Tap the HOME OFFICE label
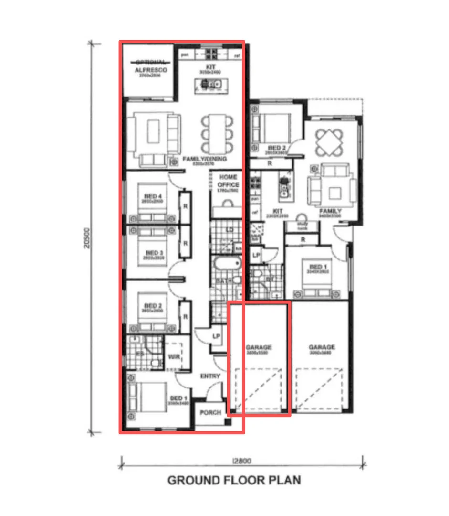[228, 181]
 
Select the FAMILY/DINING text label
[204, 159]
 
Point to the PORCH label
[210, 412]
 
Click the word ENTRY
[210, 376]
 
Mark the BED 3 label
[154, 253]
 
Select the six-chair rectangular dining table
[218, 133]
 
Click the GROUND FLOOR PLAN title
[234, 480]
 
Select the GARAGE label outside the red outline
[322, 347]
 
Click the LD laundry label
[230, 230]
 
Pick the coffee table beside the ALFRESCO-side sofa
[153, 131]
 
